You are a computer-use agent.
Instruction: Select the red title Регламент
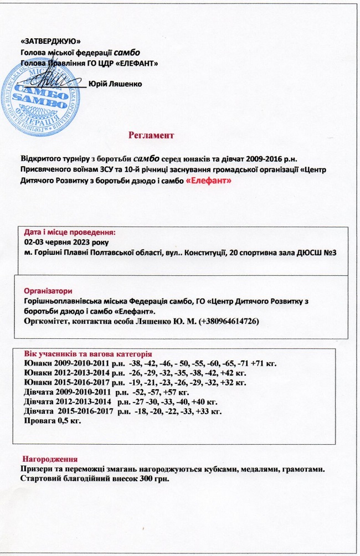tap(151, 135)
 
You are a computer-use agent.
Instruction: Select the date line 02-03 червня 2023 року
tap(66, 243)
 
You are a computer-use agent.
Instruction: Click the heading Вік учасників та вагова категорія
tap(88, 354)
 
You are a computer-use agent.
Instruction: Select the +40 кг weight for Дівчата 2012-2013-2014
tap(205, 401)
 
